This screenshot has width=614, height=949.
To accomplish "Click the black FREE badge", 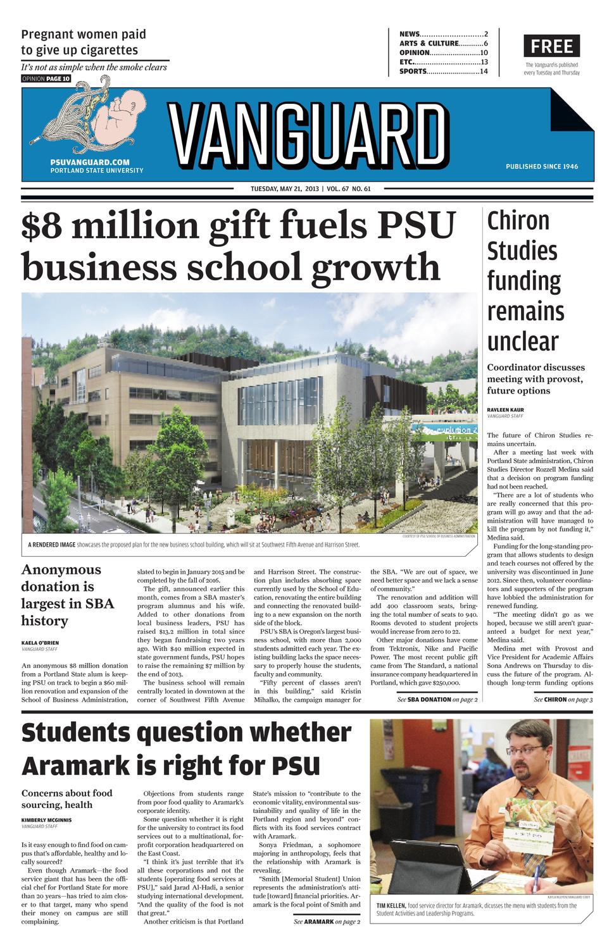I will [x=551, y=46].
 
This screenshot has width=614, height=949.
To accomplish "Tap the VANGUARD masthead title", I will [x=308, y=136].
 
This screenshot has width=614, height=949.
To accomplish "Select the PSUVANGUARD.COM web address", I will [x=89, y=163].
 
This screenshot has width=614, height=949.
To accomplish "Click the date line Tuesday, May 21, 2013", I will [x=284, y=189].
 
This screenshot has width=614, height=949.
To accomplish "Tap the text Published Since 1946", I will [x=541, y=166].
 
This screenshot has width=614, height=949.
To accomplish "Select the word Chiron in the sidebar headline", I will [x=518, y=221].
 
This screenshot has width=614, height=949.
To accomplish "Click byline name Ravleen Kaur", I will [x=505, y=409].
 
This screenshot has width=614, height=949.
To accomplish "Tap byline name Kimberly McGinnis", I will [x=46, y=819].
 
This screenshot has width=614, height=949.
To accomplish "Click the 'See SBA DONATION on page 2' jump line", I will [x=437, y=699].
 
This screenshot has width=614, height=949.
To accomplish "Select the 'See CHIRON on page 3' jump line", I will [x=563, y=699].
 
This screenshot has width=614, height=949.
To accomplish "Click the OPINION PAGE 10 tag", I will [x=46, y=79].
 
